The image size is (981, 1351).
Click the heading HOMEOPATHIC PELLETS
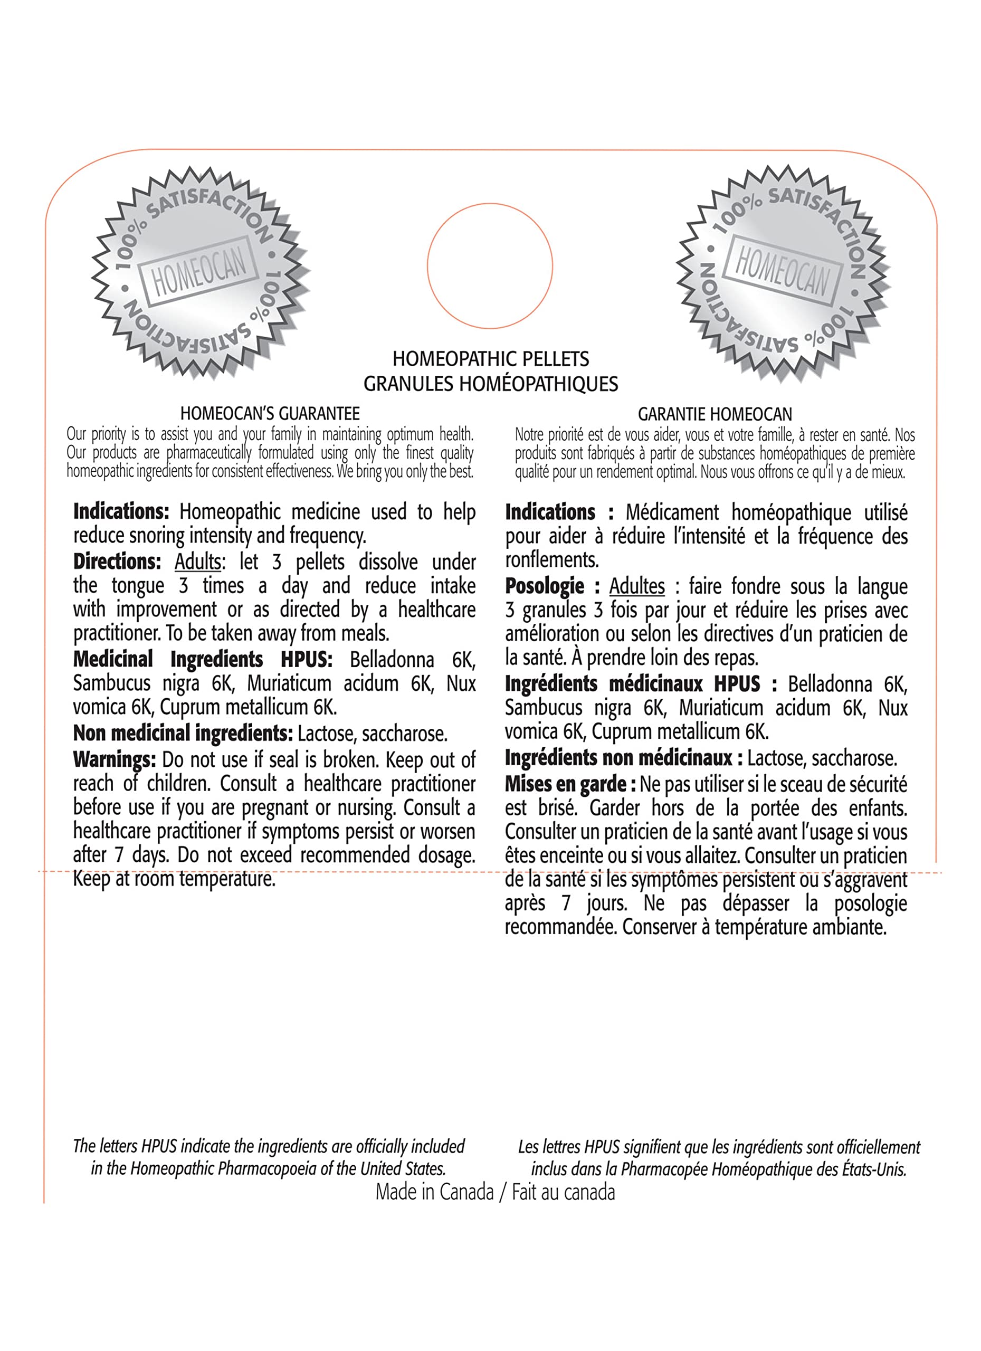coord(490,359)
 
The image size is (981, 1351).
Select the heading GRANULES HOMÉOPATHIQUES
coord(490,384)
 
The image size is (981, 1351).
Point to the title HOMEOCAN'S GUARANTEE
coord(270,413)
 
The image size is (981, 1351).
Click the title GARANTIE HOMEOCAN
coord(715,414)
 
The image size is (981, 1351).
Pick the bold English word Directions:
coord(117,561)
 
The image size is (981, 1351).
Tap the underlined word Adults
coord(197,562)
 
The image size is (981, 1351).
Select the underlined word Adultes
coord(636,586)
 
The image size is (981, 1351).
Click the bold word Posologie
coord(545,586)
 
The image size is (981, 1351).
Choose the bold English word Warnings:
coord(115,759)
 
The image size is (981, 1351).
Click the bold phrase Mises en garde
coord(565,784)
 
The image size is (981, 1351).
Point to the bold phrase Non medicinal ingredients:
coord(182,733)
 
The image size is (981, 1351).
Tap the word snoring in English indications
coord(159,536)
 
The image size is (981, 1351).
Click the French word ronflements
coord(551,560)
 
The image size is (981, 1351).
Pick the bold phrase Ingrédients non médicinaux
coord(618,758)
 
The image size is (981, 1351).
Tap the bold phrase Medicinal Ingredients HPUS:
coord(203,660)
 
